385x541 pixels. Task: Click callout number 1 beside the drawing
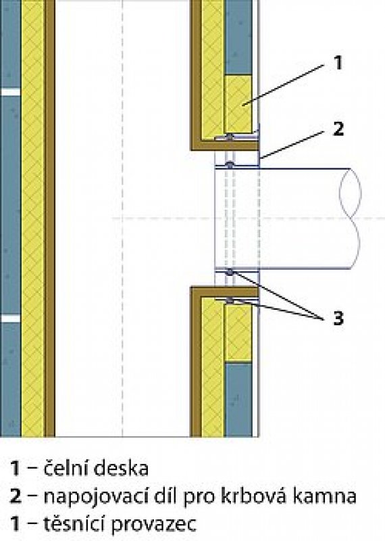338,63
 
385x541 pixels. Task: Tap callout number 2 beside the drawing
338,128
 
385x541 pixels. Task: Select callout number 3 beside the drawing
338,318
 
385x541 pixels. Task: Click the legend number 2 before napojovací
16,496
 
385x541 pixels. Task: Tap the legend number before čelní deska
15,469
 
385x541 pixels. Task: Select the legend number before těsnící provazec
15,523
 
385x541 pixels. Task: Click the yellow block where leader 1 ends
238,104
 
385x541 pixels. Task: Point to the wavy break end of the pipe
351,218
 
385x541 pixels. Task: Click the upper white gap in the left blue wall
10,92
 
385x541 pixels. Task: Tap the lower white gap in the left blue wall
10,318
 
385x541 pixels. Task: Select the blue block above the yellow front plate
238,37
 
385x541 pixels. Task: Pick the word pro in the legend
200,498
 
